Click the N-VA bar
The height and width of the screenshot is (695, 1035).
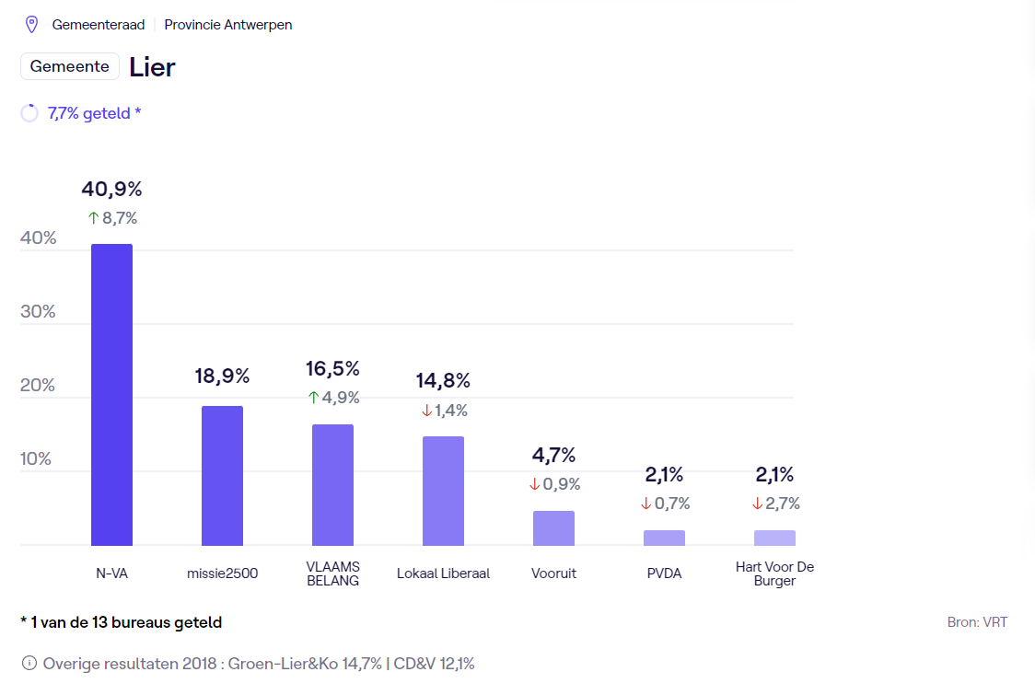click(111, 395)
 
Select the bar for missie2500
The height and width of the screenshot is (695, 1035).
click(222, 476)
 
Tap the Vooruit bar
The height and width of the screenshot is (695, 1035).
click(553, 528)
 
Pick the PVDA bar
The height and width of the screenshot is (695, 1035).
click(664, 538)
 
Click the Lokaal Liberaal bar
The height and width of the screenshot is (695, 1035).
click(443, 491)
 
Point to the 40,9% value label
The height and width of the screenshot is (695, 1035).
click(111, 190)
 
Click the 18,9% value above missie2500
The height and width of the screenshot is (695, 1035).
click(222, 376)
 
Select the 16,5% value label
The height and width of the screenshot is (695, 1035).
click(332, 369)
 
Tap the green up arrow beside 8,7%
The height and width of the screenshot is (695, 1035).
click(93, 218)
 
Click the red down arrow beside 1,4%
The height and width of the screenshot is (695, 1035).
click(426, 411)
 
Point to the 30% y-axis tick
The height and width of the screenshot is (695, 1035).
click(38, 311)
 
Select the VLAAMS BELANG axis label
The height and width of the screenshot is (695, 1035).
click(332, 573)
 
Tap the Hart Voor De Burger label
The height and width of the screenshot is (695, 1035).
click(774, 573)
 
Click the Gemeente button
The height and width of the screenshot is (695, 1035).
click(70, 66)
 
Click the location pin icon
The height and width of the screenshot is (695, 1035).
click(31, 25)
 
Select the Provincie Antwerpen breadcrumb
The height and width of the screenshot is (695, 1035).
click(228, 25)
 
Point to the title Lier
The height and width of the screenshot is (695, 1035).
click(152, 67)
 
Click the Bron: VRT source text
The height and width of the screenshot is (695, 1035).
click(977, 622)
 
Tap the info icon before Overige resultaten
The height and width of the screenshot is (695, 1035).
click(29, 663)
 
